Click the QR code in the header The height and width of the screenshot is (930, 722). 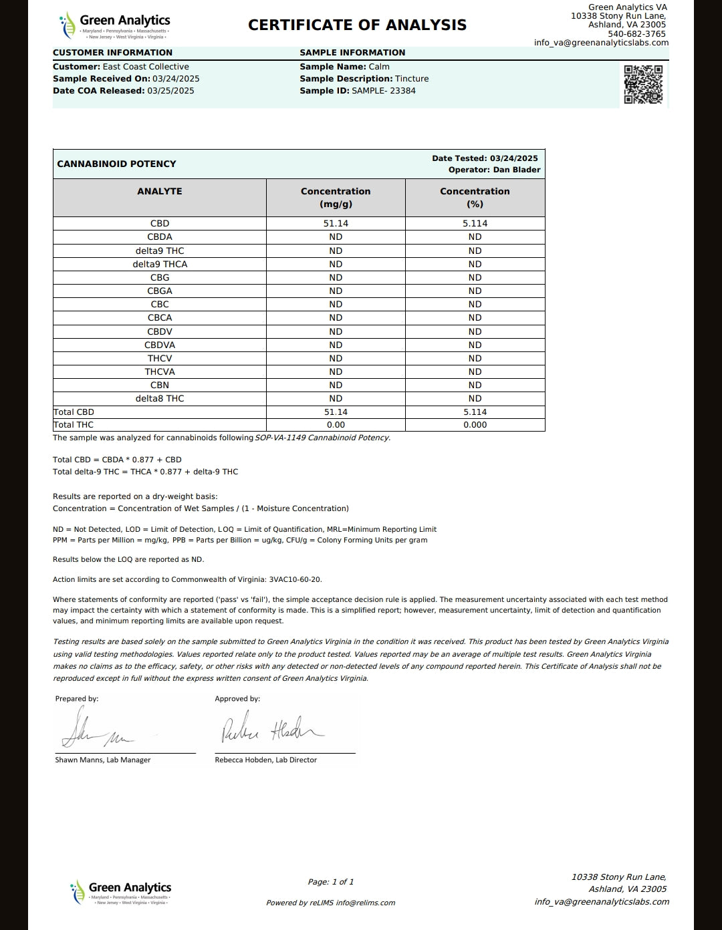[643, 85]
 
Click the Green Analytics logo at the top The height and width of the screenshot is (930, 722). [114, 25]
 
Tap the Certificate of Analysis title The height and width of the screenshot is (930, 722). [357, 25]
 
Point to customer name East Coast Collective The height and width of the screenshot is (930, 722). [146, 67]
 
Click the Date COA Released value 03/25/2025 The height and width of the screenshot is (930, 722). [170, 91]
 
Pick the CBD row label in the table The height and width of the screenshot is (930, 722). [160, 224]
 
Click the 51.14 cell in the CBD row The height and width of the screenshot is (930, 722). [336, 224]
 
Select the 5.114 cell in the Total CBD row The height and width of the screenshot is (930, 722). [475, 412]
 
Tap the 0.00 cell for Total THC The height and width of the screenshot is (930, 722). [336, 425]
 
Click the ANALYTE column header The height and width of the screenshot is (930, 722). [160, 191]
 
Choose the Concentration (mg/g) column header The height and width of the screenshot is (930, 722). [336, 198]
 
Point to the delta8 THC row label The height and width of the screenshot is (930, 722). [160, 399]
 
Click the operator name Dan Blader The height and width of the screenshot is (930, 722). [517, 170]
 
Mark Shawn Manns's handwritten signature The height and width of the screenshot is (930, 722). [97, 732]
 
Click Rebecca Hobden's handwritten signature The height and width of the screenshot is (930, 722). [271, 730]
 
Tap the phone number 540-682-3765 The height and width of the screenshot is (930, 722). [636, 34]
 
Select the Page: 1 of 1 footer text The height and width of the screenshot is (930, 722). [331, 882]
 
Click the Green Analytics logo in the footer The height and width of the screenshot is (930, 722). [121, 893]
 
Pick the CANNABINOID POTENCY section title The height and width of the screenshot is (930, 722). [116, 164]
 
